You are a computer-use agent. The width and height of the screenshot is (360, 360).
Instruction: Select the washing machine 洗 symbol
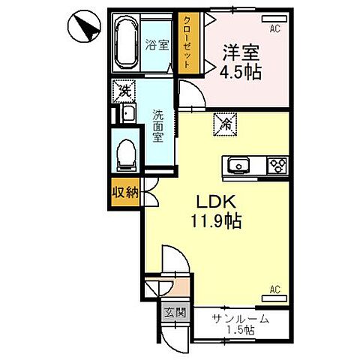(121, 92)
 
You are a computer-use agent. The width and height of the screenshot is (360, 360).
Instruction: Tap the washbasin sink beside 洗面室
(127, 115)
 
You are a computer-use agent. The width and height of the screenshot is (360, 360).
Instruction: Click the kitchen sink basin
(238, 164)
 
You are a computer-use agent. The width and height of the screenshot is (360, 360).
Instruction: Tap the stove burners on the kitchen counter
(277, 164)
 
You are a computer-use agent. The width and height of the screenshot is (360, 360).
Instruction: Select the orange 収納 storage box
(125, 193)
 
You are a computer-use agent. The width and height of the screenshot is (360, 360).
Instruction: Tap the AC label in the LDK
(274, 289)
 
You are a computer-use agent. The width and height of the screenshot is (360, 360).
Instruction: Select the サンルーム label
(241, 319)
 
